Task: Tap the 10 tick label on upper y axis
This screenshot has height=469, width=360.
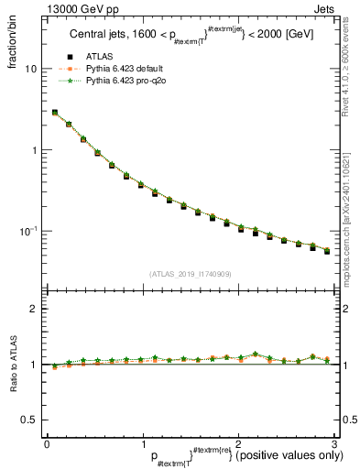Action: (x=30, y=70)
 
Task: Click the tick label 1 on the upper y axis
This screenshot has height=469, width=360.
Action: (x=33, y=150)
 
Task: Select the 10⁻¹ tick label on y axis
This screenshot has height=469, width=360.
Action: (x=28, y=230)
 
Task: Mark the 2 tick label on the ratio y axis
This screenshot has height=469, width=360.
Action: (x=33, y=310)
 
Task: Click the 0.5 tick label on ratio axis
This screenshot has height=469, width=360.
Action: (x=29, y=420)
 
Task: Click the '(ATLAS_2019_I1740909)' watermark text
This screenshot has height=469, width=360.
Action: (x=190, y=274)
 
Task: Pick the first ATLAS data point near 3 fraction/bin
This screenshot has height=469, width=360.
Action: (x=55, y=113)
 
